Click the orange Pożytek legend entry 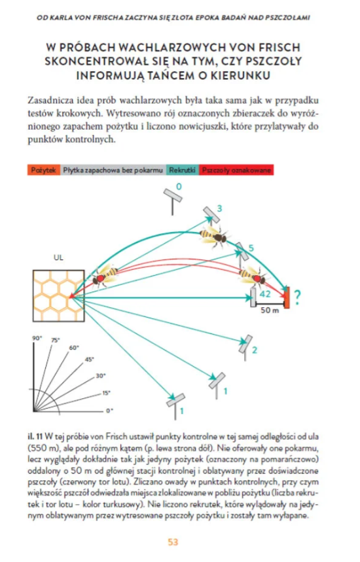click(x=44, y=170)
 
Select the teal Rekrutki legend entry click(x=183, y=170)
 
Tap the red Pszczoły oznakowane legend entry click(x=236, y=170)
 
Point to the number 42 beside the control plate click(x=264, y=294)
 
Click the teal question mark click(x=297, y=297)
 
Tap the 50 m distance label click(x=270, y=310)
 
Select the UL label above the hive click(x=58, y=257)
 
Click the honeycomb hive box click(x=59, y=295)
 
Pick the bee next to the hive click(x=105, y=275)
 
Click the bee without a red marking click(x=214, y=236)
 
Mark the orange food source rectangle click(x=287, y=297)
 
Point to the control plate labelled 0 click(x=173, y=200)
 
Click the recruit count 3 click(x=219, y=208)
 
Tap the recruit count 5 click(x=251, y=248)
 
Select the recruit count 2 click(x=255, y=350)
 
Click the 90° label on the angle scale click(x=37, y=339)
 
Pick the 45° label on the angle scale click(x=89, y=359)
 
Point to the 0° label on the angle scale click(x=109, y=411)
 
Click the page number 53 click(x=173, y=542)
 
